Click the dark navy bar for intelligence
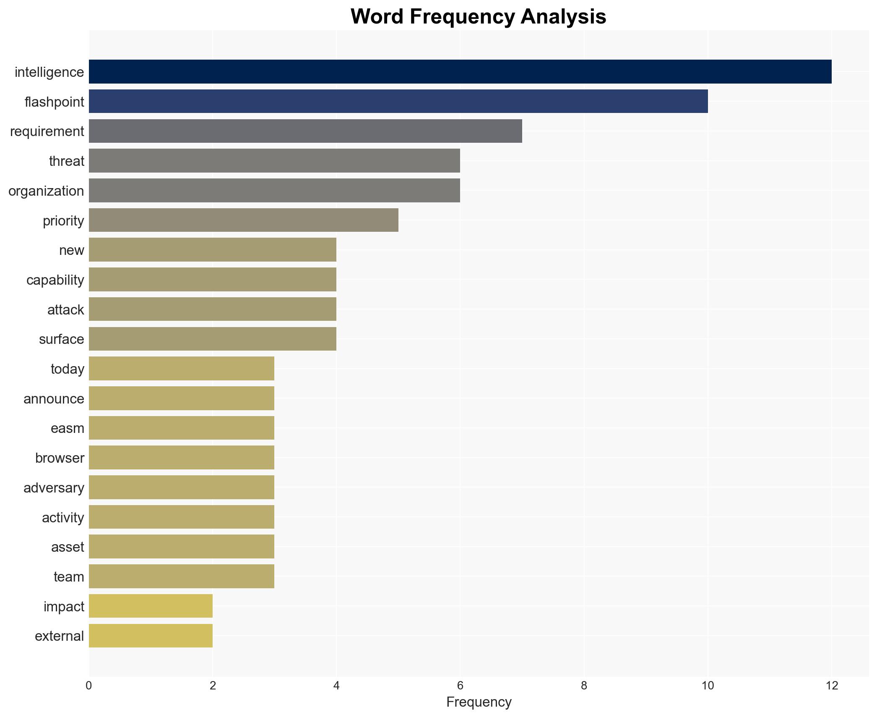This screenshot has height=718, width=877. (x=460, y=71)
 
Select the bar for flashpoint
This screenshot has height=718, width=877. (x=398, y=101)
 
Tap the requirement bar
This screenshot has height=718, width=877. (x=305, y=131)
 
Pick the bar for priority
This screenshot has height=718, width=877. (x=243, y=220)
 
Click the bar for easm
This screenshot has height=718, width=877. (x=181, y=428)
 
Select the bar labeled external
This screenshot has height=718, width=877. (x=151, y=636)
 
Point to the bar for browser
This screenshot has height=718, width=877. (x=181, y=458)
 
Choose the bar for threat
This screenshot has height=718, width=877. (x=274, y=161)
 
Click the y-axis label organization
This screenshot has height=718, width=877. (x=46, y=191)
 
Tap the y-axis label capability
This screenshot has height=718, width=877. (x=55, y=280)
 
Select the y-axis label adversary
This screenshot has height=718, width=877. (x=54, y=488)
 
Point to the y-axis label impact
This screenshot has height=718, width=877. (x=64, y=607)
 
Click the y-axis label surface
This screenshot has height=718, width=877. (x=61, y=339)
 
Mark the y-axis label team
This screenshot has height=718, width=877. (x=69, y=577)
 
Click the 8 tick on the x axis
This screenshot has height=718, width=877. (x=584, y=686)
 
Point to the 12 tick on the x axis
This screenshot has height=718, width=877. (x=831, y=686)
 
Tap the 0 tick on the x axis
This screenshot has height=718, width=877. (x=89, y=686)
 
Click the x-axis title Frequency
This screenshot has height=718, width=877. (x=479, y=702)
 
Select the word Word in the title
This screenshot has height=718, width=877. (x=377, y=17)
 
